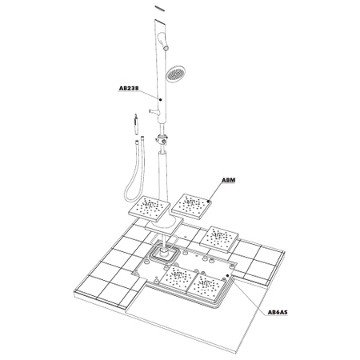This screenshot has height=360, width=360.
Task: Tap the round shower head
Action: tap(175, 75)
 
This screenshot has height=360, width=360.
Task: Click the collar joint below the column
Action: tap(163, 143)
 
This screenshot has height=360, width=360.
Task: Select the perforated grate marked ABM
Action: tap(194, 206)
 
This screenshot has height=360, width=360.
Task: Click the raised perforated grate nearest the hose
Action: tap(150, 209)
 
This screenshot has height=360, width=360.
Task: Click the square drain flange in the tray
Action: tap(164, 254)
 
